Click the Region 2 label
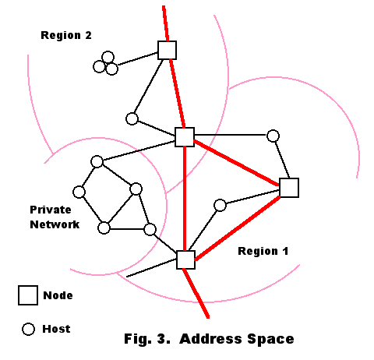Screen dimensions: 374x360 [x=66, y=35]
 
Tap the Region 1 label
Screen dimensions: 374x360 [x=263, y=251]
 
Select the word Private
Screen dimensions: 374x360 [x=51, y=210]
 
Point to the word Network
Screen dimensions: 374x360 [x=55, y=224]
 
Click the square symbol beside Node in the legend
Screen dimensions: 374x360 [x=28, y=295]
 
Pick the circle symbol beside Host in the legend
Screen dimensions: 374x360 [x=28, y=329]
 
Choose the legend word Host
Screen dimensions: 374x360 [x=56, y=329]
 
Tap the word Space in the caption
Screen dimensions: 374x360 [x=270, y=339]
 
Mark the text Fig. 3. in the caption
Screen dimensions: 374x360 [x=147, y=339]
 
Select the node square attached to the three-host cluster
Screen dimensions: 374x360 [x=168, y=50]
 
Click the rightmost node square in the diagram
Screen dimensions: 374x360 [x=289, y=188]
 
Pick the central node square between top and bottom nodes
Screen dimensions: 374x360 [x=185, y=137]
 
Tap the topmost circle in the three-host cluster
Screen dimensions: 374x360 [x=108, y=57]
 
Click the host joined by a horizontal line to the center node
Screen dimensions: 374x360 [x=273, y=136]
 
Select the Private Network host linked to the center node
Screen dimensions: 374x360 [x=97, y=162]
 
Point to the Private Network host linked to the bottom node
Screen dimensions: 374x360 [x=150, y=230]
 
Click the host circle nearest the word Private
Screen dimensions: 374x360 [x=79, y=192]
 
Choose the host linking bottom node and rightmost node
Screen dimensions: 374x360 [x=221, y=206]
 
